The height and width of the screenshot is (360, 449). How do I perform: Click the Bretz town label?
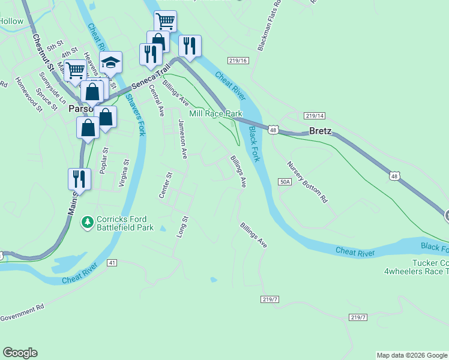click(x=320, y=131)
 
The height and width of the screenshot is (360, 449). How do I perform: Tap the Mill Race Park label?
click(x=215, y=113)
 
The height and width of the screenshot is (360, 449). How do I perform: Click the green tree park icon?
click(x=88, y=223)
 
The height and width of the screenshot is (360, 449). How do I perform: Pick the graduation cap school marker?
click(x=111, y=62)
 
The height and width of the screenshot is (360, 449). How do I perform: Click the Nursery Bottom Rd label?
click(x=307, y=182)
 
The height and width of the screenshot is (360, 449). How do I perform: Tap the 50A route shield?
click(x=285, y=181)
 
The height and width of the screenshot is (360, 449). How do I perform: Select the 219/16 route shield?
click(x=238, y=61)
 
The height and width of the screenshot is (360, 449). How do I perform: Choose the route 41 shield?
click(x=112, y=263)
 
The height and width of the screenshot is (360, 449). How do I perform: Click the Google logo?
click(x=20, y=353)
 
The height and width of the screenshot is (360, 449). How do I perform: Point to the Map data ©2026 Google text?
click(x=412, y=355)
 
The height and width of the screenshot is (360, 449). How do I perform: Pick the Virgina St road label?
click(x=123, y=173)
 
